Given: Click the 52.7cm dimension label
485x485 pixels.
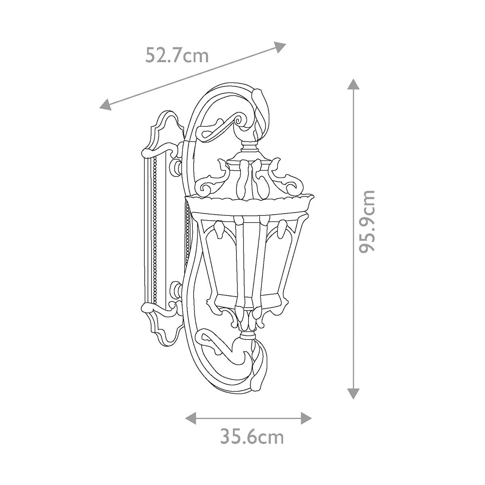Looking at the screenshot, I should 177,55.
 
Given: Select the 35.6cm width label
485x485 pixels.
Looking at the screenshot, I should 252,437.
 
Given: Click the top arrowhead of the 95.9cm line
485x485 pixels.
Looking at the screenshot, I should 353,84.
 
